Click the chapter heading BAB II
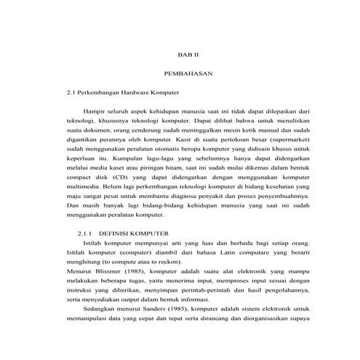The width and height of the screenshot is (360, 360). tap(188, 55)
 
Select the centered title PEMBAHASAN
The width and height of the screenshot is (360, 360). tap(187, 74)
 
